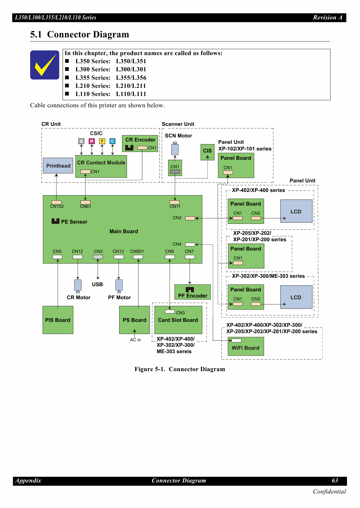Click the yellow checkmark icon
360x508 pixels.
(45, 65)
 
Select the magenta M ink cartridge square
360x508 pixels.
(92, 141)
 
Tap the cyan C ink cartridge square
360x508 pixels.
(112, 141)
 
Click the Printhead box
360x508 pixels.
(58, 166)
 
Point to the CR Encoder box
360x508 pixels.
(140, 143)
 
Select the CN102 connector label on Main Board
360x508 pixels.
(57, 206)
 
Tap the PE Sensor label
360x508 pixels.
(74, 222)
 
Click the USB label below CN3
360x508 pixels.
(97, 284)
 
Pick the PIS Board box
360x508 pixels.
(58, 320)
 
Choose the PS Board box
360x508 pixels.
(134, 320)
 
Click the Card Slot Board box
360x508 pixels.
(178, 320)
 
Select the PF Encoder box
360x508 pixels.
(192, 292)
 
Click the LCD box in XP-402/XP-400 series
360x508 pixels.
(296, 211)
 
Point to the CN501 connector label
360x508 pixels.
(137, 251)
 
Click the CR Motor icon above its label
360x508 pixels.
(78, 285)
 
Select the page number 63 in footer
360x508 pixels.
(335, 480)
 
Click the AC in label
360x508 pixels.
(135, 340)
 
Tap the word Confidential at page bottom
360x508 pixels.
(329, 491)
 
